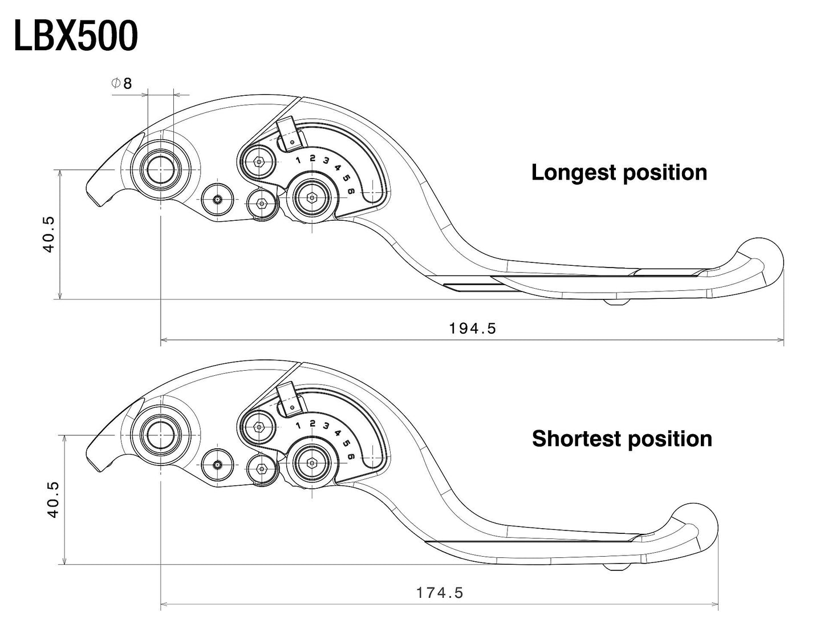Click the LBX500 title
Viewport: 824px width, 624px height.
pos(75,37)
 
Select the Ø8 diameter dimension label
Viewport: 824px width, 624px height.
pos(121,83)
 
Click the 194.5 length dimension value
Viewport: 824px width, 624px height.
pos(472,328)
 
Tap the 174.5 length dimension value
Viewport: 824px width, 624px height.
pos(439,593)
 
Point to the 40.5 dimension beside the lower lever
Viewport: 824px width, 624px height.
pos(52,499)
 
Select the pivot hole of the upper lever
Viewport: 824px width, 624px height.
pos(161,170)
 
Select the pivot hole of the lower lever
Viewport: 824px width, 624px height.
pos(161,435)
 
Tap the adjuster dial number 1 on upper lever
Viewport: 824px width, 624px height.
pos(298,160)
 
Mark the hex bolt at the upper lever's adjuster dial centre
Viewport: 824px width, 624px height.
pos(312,197)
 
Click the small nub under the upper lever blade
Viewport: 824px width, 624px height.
pos(618,301)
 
